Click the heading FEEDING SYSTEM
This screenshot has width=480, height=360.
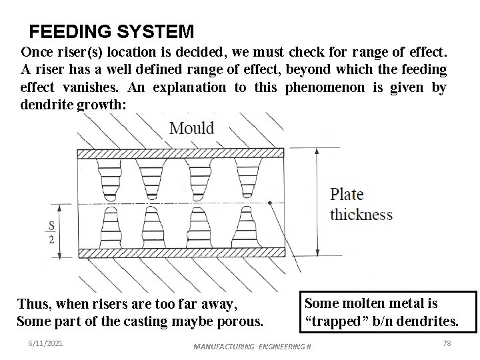[x=112, y=31]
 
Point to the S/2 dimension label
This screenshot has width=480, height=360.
[x=51, y=232]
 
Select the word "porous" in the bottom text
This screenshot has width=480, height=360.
[x=238, y=321]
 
